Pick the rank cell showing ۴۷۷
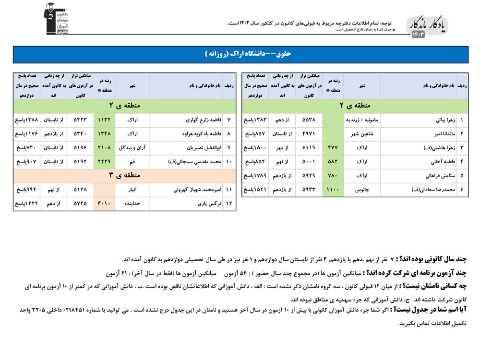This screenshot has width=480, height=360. (333, 148)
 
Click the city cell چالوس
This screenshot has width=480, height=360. (362, 190)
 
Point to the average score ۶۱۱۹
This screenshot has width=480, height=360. (309, 148)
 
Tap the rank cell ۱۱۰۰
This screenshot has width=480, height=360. (333, 190)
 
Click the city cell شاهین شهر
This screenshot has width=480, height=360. (362, 134)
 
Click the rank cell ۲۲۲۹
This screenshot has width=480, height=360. (104, 162)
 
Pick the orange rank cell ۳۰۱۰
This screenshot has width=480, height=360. (104, 204)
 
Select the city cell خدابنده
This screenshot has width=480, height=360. (132, 204)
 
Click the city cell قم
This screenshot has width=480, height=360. (132, 162)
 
